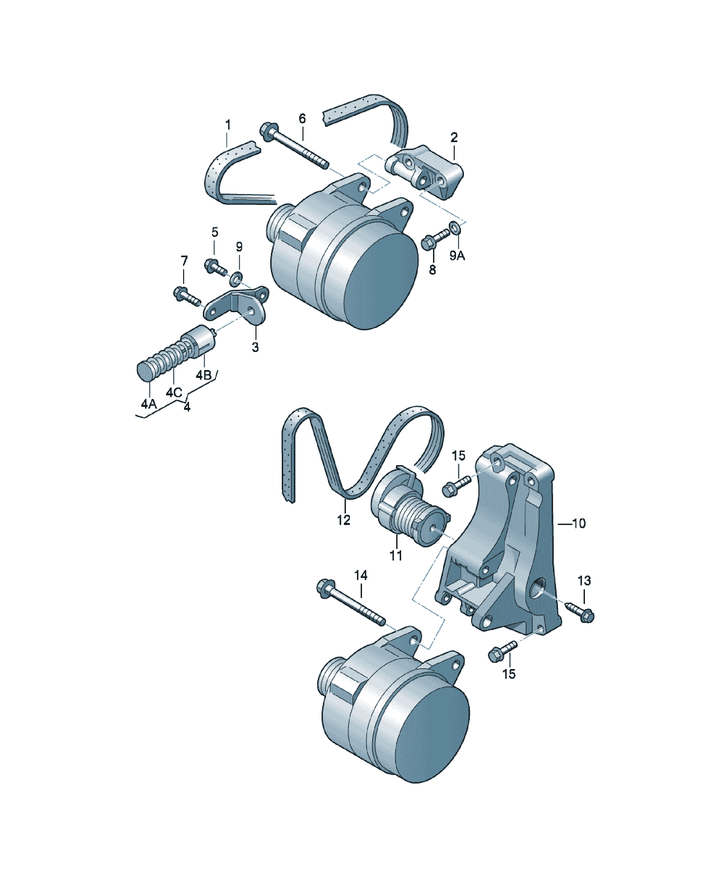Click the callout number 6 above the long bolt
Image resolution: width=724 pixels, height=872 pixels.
point(302,119)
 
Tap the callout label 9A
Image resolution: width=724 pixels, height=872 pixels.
point(457,256)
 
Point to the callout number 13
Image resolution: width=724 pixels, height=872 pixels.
point(584,581)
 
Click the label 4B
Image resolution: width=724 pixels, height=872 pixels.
point(204,375)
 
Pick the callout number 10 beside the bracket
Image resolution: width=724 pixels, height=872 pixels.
point(579,524)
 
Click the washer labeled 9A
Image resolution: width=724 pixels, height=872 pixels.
point(455,228)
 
